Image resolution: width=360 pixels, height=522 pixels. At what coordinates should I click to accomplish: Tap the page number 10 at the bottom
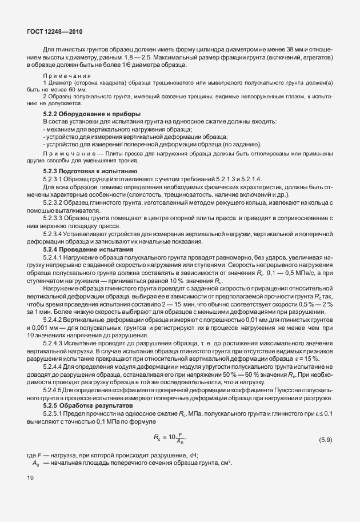30,477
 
